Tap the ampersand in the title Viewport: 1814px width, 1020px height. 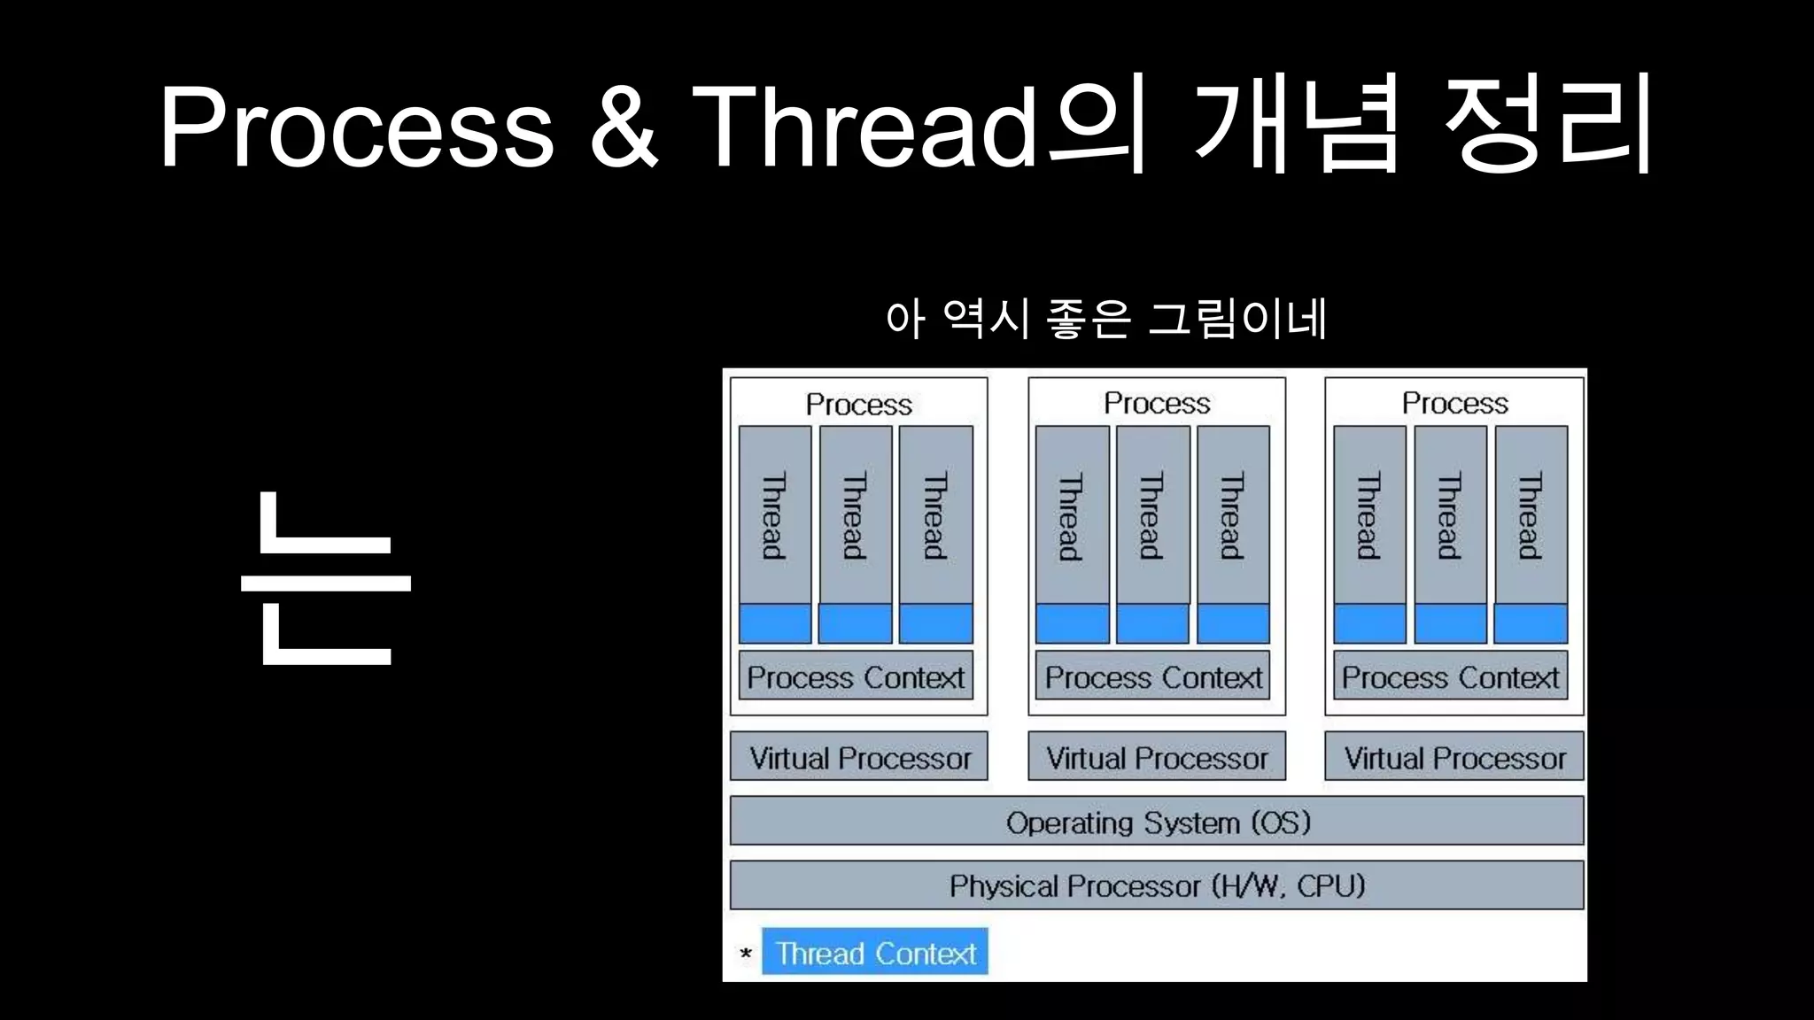point(624,127)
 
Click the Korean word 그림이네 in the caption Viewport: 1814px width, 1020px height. point(1237,318)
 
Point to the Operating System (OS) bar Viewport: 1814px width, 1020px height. point(1157,822)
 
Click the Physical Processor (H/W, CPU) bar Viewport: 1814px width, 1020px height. point(1157,885)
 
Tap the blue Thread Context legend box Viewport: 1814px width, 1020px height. point(875,953)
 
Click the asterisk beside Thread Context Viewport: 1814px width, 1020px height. point(746,954)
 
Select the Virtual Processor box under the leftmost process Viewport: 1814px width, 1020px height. point(859,757)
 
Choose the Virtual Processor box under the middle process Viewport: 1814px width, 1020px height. point(1157,757)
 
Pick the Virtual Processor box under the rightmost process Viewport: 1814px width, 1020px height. point(1454,757)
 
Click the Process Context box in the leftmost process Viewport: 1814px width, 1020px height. point(856,676)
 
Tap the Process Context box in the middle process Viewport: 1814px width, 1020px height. point(1152,676)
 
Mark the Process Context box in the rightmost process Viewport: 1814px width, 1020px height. point(1450,676)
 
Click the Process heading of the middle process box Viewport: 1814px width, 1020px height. point(1157,404)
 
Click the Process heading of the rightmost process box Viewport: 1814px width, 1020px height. point(1454,404)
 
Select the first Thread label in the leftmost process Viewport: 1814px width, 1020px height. point(774,516)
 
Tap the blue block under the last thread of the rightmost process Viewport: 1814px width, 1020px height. point(1531,623)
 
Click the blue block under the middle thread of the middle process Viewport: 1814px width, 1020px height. point(1152,623)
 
